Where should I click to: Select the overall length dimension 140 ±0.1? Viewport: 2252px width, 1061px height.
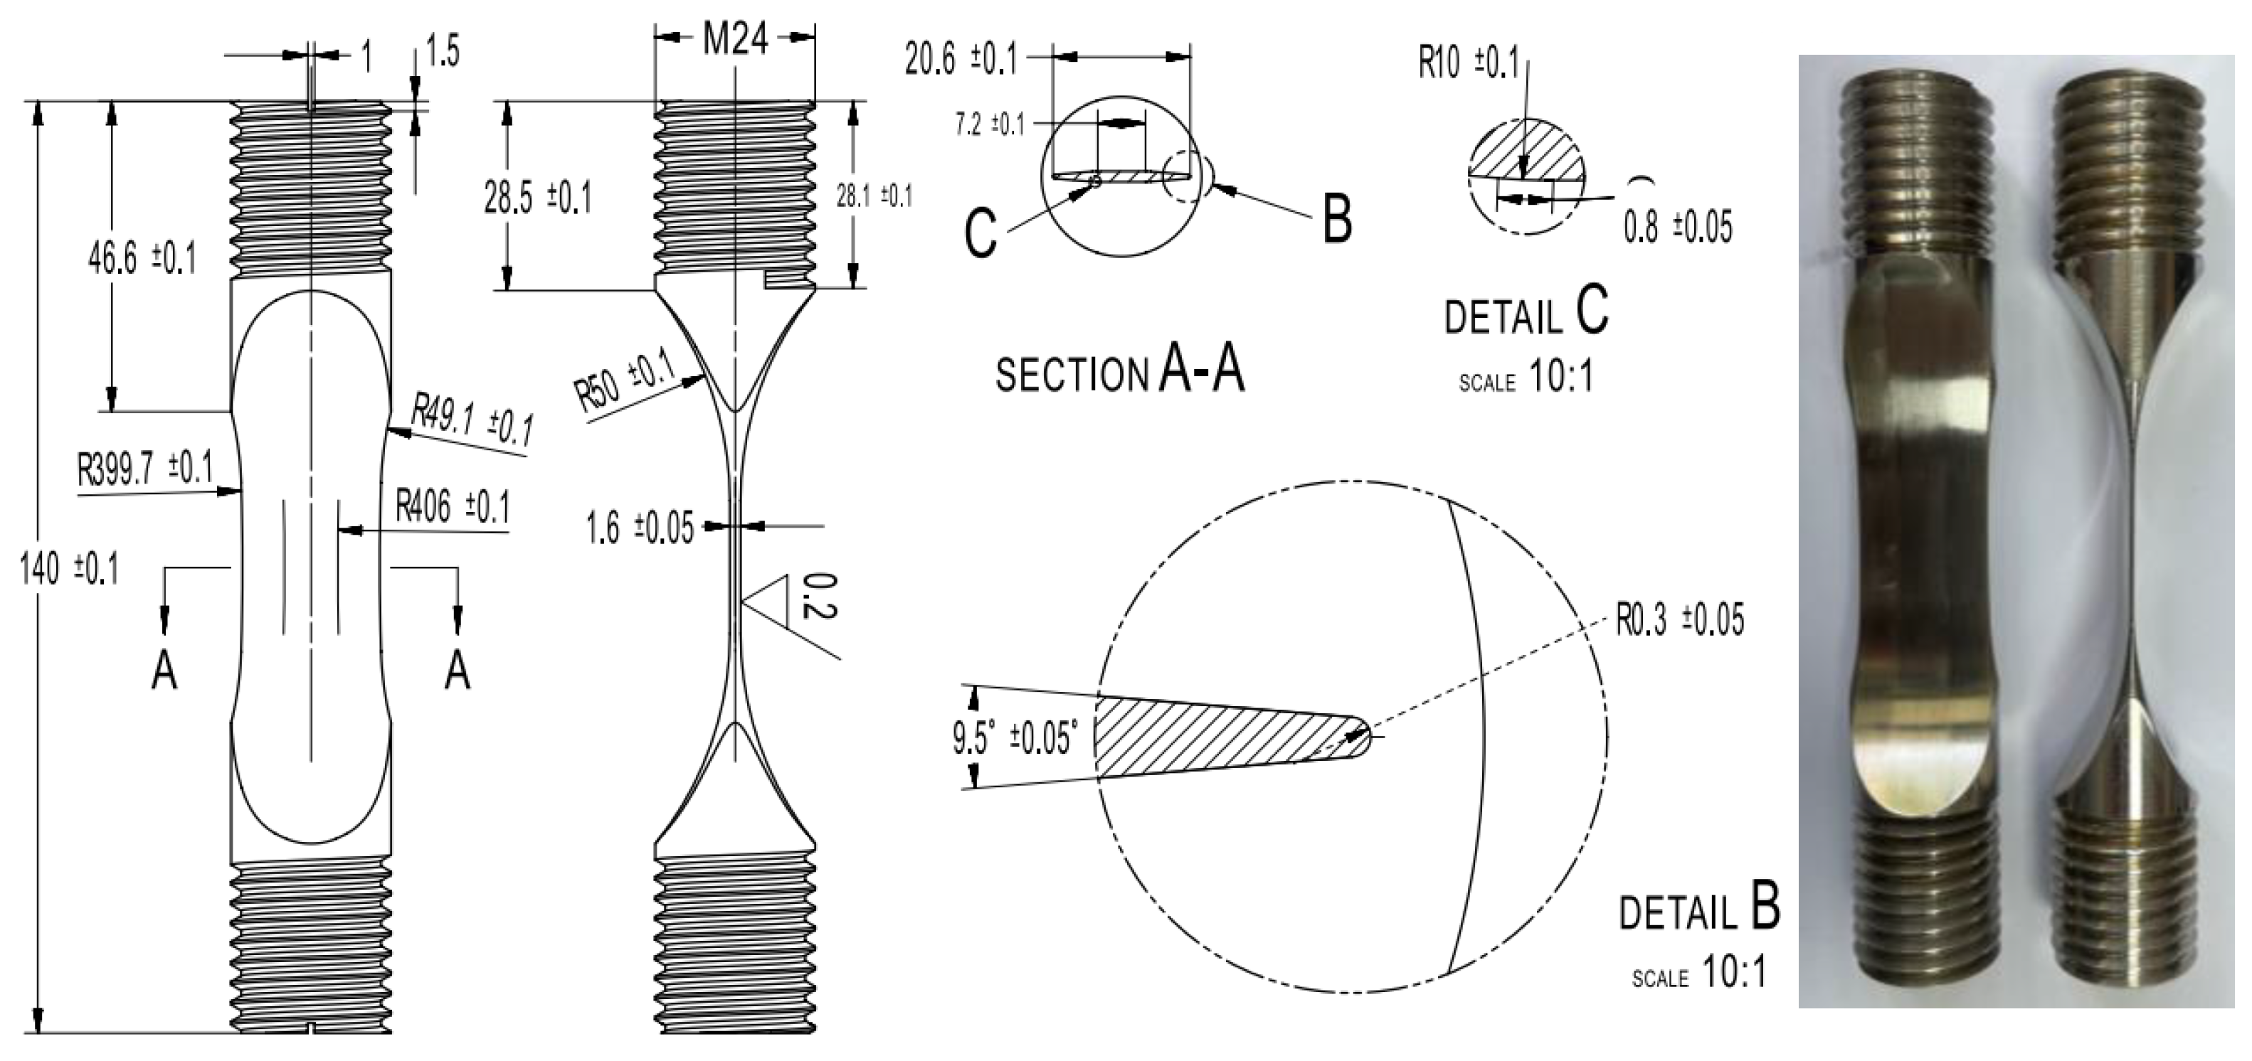click(68, 570)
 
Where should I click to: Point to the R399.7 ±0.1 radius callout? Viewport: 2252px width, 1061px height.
click(145, 469)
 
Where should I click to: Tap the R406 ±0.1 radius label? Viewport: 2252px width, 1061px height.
click(452, 507)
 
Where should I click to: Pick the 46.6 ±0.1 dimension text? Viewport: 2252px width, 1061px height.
click(142, 260)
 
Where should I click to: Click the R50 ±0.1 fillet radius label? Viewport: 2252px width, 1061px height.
click(625, 382)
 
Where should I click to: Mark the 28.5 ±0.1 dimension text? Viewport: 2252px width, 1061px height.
click(536, 198)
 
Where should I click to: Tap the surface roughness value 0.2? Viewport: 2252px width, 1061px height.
click(818, 596)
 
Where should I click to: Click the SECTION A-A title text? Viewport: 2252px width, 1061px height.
click(1119, 371)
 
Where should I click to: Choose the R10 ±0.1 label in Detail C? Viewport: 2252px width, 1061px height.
click(1468, 63)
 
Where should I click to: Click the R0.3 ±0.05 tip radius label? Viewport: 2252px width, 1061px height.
click(1679, 619)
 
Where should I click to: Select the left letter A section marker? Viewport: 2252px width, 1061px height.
click(164, 672)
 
